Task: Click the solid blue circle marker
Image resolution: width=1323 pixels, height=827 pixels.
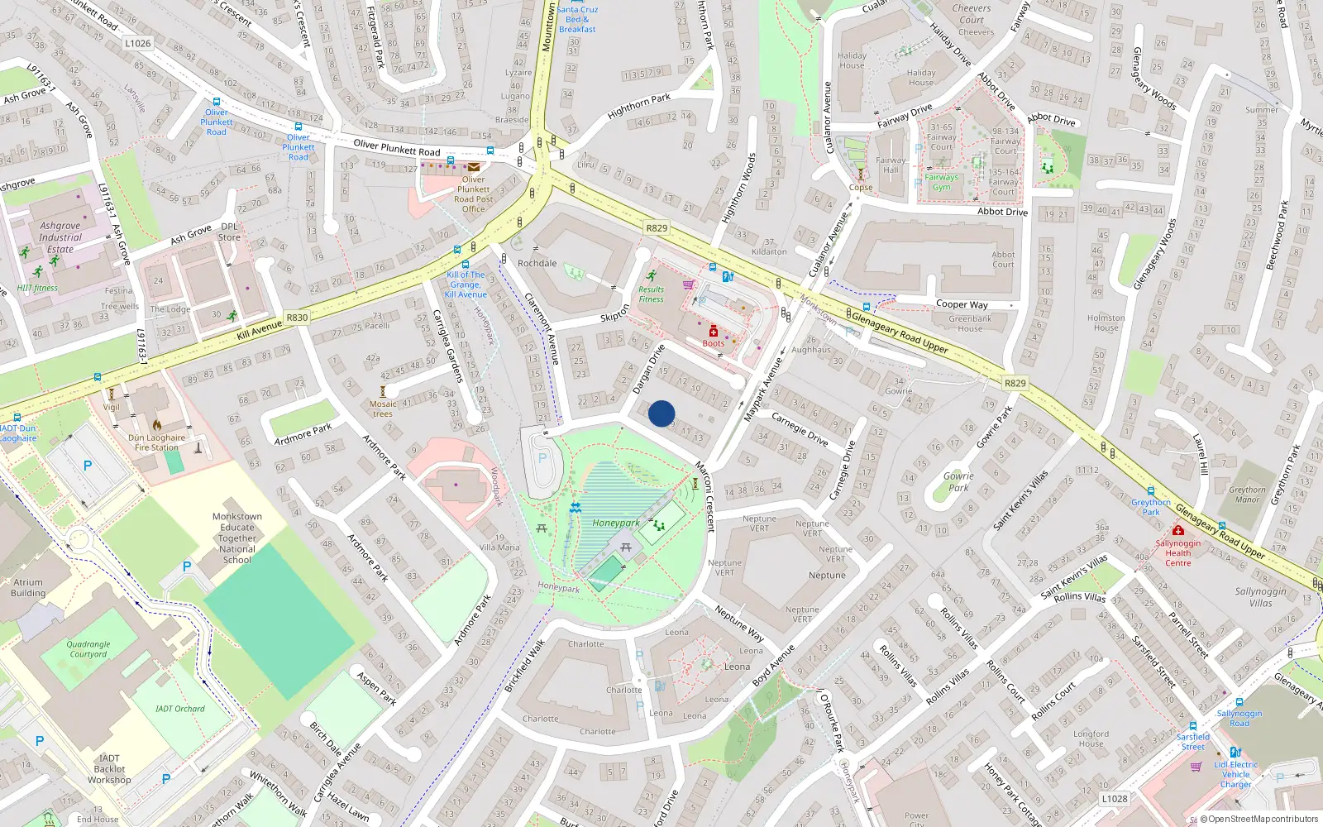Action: tap(661, 413)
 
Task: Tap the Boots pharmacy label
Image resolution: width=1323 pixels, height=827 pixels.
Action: tap(714, 343)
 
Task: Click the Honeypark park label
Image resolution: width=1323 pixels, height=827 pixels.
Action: tap(615, 523)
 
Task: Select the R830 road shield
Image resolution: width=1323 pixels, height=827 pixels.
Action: tap(297, 318)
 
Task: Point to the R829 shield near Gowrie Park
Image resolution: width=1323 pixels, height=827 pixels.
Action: tap(1015, 383)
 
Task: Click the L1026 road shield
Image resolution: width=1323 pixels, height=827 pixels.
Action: tap(138, 43)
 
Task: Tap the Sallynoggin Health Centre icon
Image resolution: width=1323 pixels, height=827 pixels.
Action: tap(1178, 530)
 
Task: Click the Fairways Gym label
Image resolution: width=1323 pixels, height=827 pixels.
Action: tap(942, 182)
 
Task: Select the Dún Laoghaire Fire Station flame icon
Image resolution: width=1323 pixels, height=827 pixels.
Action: tap(157, 425)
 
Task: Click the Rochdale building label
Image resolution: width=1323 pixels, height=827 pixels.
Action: tap(537, 263)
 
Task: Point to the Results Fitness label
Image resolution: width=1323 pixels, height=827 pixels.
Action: tap(651, 294)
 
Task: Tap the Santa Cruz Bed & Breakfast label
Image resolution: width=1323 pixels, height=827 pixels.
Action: tap(577, 19)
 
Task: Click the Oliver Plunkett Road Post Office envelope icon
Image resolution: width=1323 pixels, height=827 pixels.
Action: tap(474, 167)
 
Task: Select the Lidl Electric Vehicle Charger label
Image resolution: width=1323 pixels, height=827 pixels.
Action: tap(1236, 774)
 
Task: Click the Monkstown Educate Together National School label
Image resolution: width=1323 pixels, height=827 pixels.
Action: tap(237, 538)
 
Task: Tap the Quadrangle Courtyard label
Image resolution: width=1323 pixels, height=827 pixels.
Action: tap(88, 649)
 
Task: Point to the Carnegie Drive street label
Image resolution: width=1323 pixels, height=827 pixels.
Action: tap(800, 429)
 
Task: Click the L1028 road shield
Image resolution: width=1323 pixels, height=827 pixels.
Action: tap(1115, 799)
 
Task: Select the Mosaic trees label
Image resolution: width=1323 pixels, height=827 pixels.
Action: tap(383, 409)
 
